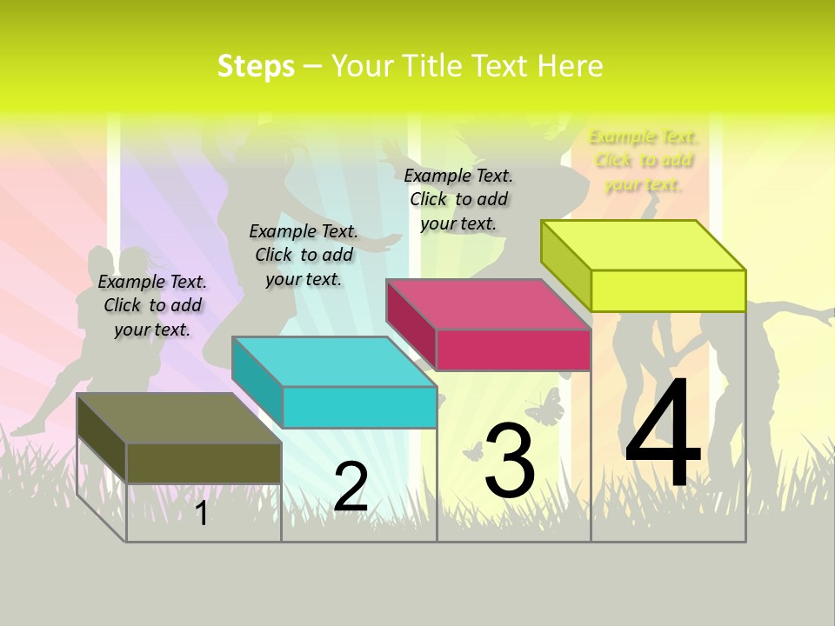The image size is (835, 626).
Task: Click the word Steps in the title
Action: click(256, 66)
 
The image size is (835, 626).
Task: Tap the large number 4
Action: click(663, 434)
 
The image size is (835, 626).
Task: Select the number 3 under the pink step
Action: click(510, 461)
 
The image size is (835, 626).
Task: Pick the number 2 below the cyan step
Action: click(351, 488)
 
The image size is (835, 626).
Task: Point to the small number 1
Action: click(201, 514)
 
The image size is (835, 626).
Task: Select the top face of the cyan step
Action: click(334, 362)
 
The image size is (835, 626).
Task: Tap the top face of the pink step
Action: click(488, 304)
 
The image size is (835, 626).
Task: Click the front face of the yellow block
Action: click(668, 290)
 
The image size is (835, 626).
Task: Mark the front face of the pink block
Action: click(513, 350)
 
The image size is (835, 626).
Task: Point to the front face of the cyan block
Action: click(359, 407)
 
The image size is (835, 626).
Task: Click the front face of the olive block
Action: click(204, 463)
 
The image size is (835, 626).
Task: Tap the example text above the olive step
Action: click(152, 306)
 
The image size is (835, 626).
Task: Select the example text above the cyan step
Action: click(304, 255)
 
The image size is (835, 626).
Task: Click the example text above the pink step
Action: click(458, 199)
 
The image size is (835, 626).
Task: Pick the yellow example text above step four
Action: click(644, 160)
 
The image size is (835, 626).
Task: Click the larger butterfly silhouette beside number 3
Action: click(544, 407)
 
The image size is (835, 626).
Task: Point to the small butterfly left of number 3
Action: click(472, 450)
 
